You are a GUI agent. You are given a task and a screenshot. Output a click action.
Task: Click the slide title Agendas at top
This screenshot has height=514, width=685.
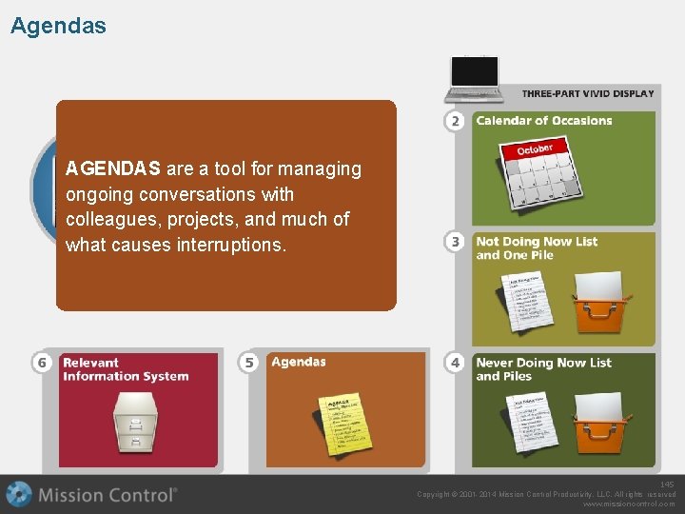tap(58, 26)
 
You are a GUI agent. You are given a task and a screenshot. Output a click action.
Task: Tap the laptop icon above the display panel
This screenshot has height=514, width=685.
tap(475, 78)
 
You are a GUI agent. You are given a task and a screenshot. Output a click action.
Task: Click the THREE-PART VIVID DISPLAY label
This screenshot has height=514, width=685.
tap(588, 93)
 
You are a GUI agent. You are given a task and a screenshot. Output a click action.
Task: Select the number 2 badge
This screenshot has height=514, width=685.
tap(456, 121)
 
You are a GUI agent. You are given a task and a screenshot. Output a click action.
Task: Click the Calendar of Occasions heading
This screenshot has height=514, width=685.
tap(543, 121)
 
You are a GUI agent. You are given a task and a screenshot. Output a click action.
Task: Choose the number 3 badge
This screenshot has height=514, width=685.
tap(456, 242)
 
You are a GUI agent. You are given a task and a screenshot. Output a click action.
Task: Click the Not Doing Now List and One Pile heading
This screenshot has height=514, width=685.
tap(537, 247)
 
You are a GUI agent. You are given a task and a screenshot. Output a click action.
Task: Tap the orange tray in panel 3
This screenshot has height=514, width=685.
tap(600, 305)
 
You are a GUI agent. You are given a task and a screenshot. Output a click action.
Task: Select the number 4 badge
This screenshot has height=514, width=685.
tap(456, 363)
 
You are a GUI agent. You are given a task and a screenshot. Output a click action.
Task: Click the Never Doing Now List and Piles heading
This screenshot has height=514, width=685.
tap(543, 368)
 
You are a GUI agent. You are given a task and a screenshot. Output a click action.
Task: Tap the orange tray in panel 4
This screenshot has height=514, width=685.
tap(600, 425)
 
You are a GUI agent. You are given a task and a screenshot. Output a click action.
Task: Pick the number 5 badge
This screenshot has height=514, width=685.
tap(249, 363)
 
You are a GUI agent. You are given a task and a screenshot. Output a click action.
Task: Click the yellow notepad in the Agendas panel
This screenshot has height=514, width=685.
tap(344, 425)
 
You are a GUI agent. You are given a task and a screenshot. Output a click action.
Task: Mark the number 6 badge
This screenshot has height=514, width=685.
tap(42, 363)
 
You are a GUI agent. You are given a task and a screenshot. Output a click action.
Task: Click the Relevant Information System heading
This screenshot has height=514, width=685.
tap(125, 368)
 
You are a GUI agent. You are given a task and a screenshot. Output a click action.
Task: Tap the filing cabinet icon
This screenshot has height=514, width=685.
tap(137, 423)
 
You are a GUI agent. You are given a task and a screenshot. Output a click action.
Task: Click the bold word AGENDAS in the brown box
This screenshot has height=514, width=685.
tap(112, 169)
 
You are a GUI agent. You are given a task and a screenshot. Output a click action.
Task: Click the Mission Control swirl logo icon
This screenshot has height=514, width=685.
tap(19, 495)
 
